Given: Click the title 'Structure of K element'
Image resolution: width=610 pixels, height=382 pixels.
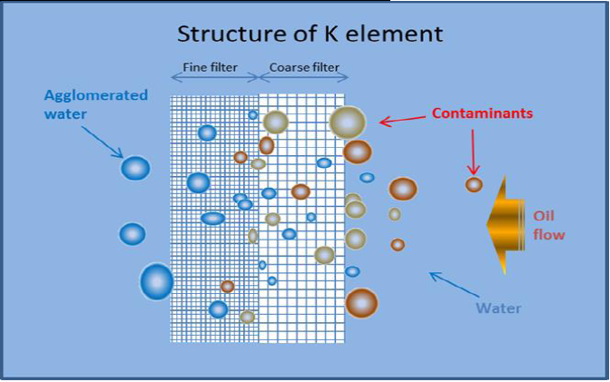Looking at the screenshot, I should point(310,34).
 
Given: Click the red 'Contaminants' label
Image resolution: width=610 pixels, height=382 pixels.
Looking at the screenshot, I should point(481,113).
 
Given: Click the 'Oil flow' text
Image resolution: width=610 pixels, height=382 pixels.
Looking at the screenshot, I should point(548,226).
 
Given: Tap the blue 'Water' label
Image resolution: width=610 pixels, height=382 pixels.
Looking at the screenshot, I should point(499,308).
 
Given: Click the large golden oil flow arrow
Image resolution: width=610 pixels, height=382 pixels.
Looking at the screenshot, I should point(509,223).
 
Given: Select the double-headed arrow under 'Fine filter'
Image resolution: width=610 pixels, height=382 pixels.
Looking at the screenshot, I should point(215,79).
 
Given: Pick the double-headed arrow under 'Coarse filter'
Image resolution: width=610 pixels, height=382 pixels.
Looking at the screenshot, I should point(303,79).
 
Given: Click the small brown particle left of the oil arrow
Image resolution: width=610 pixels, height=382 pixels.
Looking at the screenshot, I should point(474,184).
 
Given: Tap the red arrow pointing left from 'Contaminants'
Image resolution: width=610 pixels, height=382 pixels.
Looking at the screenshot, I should point(403,118).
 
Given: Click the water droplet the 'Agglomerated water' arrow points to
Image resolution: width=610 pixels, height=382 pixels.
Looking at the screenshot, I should point(135,169).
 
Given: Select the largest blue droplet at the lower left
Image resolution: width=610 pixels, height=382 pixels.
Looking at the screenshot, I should point(156,282).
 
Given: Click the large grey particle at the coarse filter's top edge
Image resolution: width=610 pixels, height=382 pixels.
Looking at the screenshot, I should point(347,122).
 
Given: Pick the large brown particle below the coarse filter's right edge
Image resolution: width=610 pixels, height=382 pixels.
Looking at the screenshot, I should point(361,303).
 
